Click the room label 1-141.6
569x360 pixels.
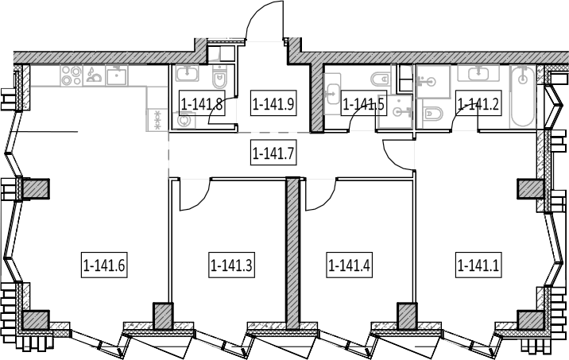104,265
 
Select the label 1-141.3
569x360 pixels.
231,265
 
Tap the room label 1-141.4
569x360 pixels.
349,265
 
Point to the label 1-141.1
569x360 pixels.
478,265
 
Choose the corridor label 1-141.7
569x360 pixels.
273,153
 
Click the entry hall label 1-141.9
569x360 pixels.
273,104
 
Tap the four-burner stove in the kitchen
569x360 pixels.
72,75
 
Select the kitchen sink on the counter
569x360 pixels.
117,75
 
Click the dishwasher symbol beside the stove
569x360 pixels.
94,75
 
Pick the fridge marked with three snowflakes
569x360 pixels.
157,120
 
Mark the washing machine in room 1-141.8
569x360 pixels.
185,120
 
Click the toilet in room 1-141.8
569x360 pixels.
219,76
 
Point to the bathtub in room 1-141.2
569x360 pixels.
523,96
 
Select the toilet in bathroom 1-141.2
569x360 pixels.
433,114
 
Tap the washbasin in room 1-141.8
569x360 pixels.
187,73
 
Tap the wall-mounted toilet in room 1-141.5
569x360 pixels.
380,78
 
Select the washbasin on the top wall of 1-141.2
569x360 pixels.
478,74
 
